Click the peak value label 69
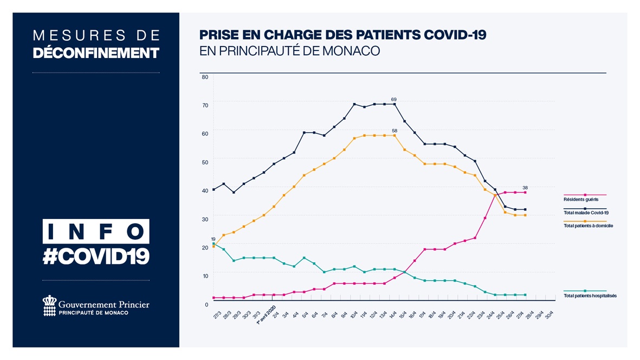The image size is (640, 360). point(394,100)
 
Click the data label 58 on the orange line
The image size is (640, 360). point(394,131)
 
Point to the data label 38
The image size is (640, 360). point(525,188)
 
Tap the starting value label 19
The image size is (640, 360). point(213,239)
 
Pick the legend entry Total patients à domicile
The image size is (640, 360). point(588,226)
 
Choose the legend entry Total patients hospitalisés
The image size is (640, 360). point(590,296)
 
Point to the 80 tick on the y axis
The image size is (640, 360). point(205,77)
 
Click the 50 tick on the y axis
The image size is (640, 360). point(205,162)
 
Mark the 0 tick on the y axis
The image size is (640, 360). point(206,304)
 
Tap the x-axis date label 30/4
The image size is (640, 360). point(550,314)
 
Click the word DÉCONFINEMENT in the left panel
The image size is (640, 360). point(96,53)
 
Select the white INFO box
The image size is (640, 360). point(96,231)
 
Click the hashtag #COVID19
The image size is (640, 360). point(96,256)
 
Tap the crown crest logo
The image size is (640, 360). point(49,305)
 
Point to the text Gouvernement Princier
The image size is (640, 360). point(103,305)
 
